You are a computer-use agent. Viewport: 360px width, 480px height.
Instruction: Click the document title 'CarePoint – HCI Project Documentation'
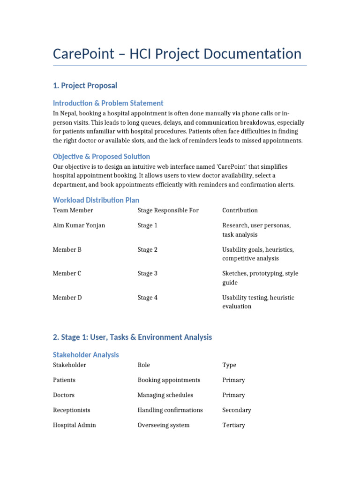coord(177,54)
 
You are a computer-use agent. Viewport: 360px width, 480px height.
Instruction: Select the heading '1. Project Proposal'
coord(85,85)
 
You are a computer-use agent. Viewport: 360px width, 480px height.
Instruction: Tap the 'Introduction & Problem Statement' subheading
coord(108,103)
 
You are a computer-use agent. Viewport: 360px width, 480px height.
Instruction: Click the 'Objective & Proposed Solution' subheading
coord(101,157)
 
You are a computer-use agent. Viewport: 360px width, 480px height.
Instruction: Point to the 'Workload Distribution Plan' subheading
coord(96,200)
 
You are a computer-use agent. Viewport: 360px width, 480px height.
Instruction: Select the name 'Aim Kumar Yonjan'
coord(79,225)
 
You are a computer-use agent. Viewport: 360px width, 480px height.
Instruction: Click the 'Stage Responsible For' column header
coord(168,210)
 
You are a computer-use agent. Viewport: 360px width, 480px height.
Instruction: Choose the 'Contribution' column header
coord(240,210)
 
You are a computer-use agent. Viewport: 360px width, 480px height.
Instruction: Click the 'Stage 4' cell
coord(147,298)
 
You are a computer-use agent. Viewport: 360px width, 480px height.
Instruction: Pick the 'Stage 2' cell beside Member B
coord(147,250)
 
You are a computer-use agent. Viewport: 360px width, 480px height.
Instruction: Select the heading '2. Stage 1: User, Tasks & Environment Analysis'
coord(132,337)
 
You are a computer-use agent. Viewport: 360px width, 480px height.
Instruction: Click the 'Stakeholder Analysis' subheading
coord(86,355)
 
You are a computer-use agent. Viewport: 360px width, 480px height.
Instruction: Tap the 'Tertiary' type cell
coord(233,425)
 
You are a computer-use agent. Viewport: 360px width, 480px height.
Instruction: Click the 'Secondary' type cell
coord(236,410)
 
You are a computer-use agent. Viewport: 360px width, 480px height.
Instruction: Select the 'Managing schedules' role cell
coord(165,395)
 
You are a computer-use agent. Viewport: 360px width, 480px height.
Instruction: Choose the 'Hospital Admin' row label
coord(74,425)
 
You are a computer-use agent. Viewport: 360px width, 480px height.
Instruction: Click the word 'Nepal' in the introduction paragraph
coord(68,114)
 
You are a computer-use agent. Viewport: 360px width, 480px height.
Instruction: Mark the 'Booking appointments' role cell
coord(169,380)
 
